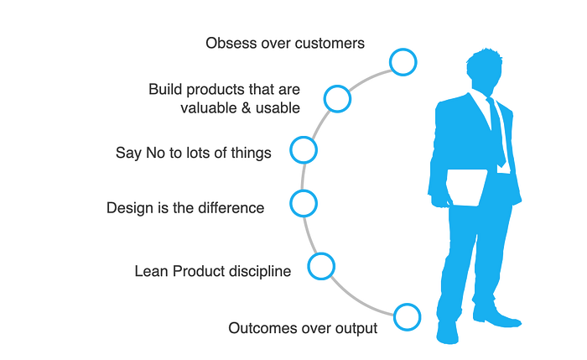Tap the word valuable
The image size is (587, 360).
coord(209,108)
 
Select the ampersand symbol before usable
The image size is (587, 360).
coord(247,108)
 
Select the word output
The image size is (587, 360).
coord(356,329)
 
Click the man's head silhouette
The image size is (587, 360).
coord(485,70)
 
